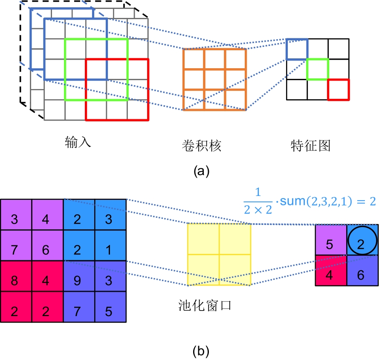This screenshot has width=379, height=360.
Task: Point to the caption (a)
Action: (201, 171)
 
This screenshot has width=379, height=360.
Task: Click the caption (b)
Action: (201, 351)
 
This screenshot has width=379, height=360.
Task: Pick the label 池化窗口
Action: (205, 305)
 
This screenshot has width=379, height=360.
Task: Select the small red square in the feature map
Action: (338, 89)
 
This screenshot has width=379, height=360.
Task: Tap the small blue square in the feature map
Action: (297, 49)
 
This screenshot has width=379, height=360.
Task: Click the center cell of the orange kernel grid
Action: (214, 79)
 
